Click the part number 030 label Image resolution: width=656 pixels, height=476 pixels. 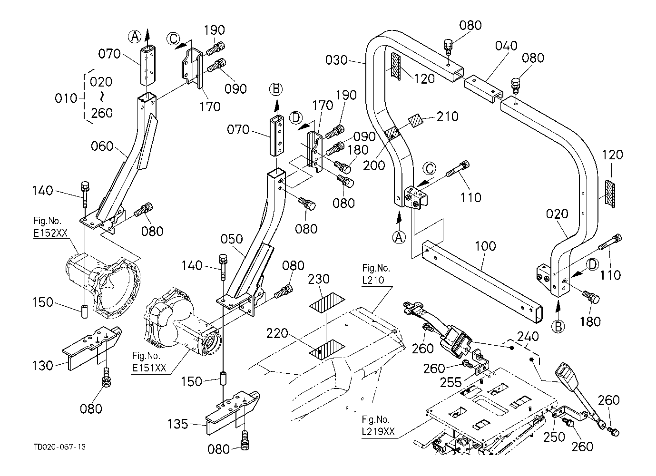click(x=336, y=60)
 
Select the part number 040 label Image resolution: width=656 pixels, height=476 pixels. click(x=506, y=46)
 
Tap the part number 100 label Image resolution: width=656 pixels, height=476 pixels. click(x=485, y=246)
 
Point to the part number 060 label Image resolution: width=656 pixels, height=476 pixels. click(x=102, y=146)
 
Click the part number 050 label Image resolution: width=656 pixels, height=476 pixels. click(x=232, y=239)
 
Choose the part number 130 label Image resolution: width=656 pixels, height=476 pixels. click(x=43, y=365)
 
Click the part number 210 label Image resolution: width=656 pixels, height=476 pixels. click(x=448, y=117)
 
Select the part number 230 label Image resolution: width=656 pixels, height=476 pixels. click(x=319, y=279)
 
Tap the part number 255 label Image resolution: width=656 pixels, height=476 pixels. click(x=450, y=382)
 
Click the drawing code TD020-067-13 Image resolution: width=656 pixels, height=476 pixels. click(x=59, y=447)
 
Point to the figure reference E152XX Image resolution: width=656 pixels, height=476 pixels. click(x=50, y=233)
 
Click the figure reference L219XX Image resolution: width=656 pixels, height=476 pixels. click(x=378, y=431)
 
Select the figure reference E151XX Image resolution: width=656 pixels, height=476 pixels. click(x=149, y=368)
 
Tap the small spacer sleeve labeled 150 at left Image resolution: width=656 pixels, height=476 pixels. click(x=85, y=311)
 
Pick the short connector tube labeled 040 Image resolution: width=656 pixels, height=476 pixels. click(x=483, y=89)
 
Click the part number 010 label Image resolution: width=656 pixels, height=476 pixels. click(x=66, y=98)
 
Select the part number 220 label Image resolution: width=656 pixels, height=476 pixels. click(x=277, y=333)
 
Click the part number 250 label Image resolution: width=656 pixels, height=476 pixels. click(x=554, y=437)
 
